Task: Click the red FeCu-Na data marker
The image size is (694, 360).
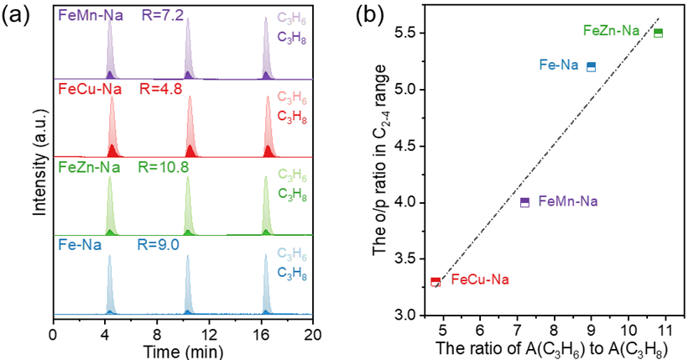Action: (x=436, y=282)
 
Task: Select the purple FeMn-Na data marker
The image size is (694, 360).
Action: (x=524, y=202)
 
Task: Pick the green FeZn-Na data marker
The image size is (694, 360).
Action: (x=659, y=33)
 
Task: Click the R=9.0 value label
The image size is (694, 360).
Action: (x=157, y=245)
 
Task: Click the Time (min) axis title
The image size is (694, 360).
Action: (x=182, y=347)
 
